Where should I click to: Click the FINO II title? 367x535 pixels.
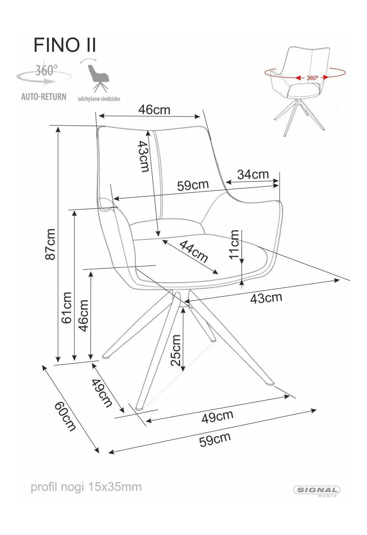click(65, 45)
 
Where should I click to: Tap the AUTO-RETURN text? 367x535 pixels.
click(44, 97)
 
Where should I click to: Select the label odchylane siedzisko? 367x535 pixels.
click(99, 99)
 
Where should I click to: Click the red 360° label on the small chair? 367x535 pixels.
click(313, 78)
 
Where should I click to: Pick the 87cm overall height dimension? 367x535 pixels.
click(51, 244)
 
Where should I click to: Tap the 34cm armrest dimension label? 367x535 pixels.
click(253, 174)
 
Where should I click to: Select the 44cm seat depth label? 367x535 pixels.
click(193, 251)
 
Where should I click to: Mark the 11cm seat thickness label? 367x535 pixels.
click(234, 244)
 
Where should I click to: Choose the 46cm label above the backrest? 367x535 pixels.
click(154, 110)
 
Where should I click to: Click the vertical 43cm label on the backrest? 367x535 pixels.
click(144, 156)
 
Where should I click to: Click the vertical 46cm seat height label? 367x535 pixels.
click(84, 316)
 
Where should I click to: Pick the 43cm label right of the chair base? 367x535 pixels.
click(266, 298)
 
